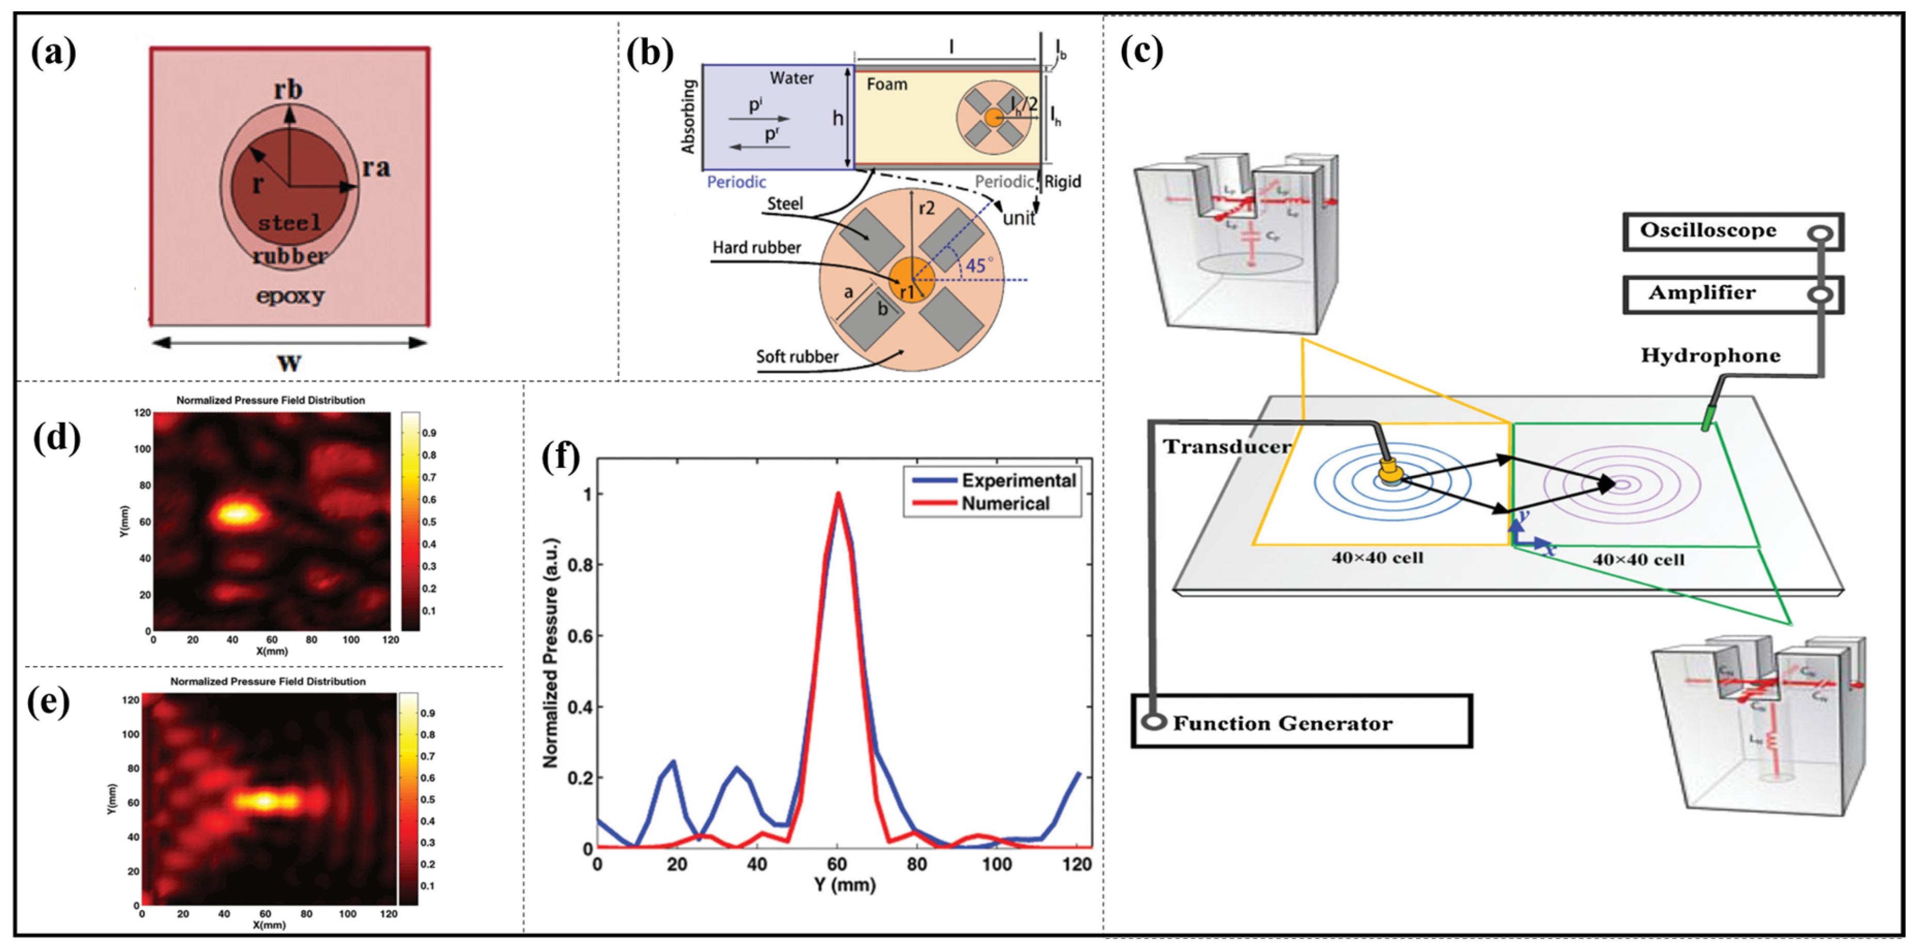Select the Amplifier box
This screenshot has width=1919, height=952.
tap(1702, 293)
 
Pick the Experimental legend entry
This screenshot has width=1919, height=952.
tap(1018, 481)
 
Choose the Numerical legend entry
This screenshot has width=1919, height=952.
tap(1005, 503)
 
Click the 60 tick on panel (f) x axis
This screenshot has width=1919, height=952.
tap(837, 864)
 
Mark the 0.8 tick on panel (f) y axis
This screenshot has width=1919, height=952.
tap(581, 565)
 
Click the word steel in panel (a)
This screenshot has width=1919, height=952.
tap(289, 223)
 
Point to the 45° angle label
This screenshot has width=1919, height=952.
tap(979, 265)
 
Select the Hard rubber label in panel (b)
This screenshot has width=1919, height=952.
tap(756, 247)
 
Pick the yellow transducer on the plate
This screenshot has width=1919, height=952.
tap(1389, 471)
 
